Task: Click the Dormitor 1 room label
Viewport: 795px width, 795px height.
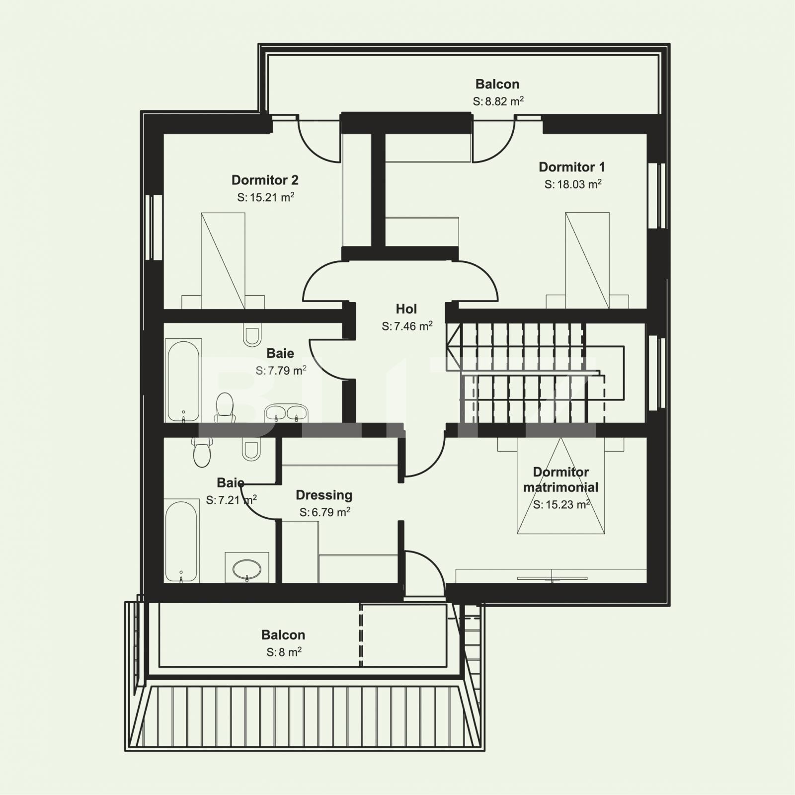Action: (572, 167)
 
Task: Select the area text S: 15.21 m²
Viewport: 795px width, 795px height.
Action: (265, 197)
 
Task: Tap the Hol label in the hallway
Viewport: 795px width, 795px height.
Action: (406, 309)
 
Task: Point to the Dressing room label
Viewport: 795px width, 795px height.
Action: (324, 495)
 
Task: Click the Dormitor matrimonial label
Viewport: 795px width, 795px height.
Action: (560, 479)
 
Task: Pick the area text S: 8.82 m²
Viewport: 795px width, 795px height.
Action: (498, 101)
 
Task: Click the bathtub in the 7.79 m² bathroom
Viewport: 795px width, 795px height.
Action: (183, 381)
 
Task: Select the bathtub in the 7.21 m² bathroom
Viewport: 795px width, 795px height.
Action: (181, 542)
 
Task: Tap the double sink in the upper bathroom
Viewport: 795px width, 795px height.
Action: (286, 412)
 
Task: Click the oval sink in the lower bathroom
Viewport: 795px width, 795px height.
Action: (247, 568)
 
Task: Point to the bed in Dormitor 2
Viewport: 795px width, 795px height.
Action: (223, 260)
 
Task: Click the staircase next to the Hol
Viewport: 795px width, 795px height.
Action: (527, 373)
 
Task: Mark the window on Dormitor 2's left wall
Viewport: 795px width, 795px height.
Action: (154, 227)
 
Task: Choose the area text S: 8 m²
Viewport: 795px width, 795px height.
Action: (284, 652)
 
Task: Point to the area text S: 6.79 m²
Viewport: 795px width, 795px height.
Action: (324, 512)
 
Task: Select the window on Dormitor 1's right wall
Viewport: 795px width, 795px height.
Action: (656, 195)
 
